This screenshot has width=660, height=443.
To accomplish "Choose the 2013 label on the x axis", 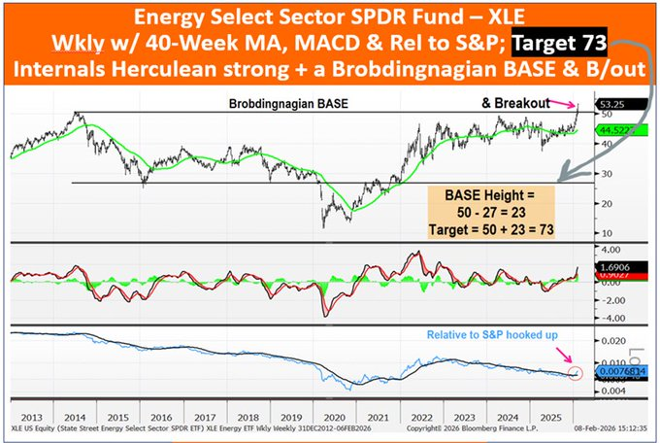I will (29, 411).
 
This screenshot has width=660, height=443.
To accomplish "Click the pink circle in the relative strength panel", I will (578, 371).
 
